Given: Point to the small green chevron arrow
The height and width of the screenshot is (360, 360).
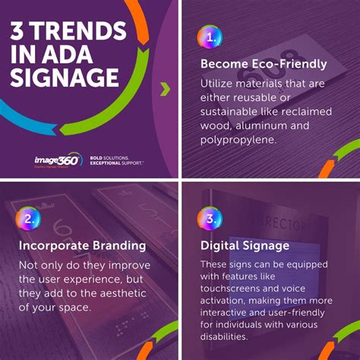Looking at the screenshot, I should click(x=163, y=90).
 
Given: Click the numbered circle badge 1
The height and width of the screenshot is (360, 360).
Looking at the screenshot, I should click(x=210, y=36).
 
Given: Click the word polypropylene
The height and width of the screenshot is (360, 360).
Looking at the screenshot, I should click(x=237, y=141).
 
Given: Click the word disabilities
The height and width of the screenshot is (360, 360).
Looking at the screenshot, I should click(x=231, y=336).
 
